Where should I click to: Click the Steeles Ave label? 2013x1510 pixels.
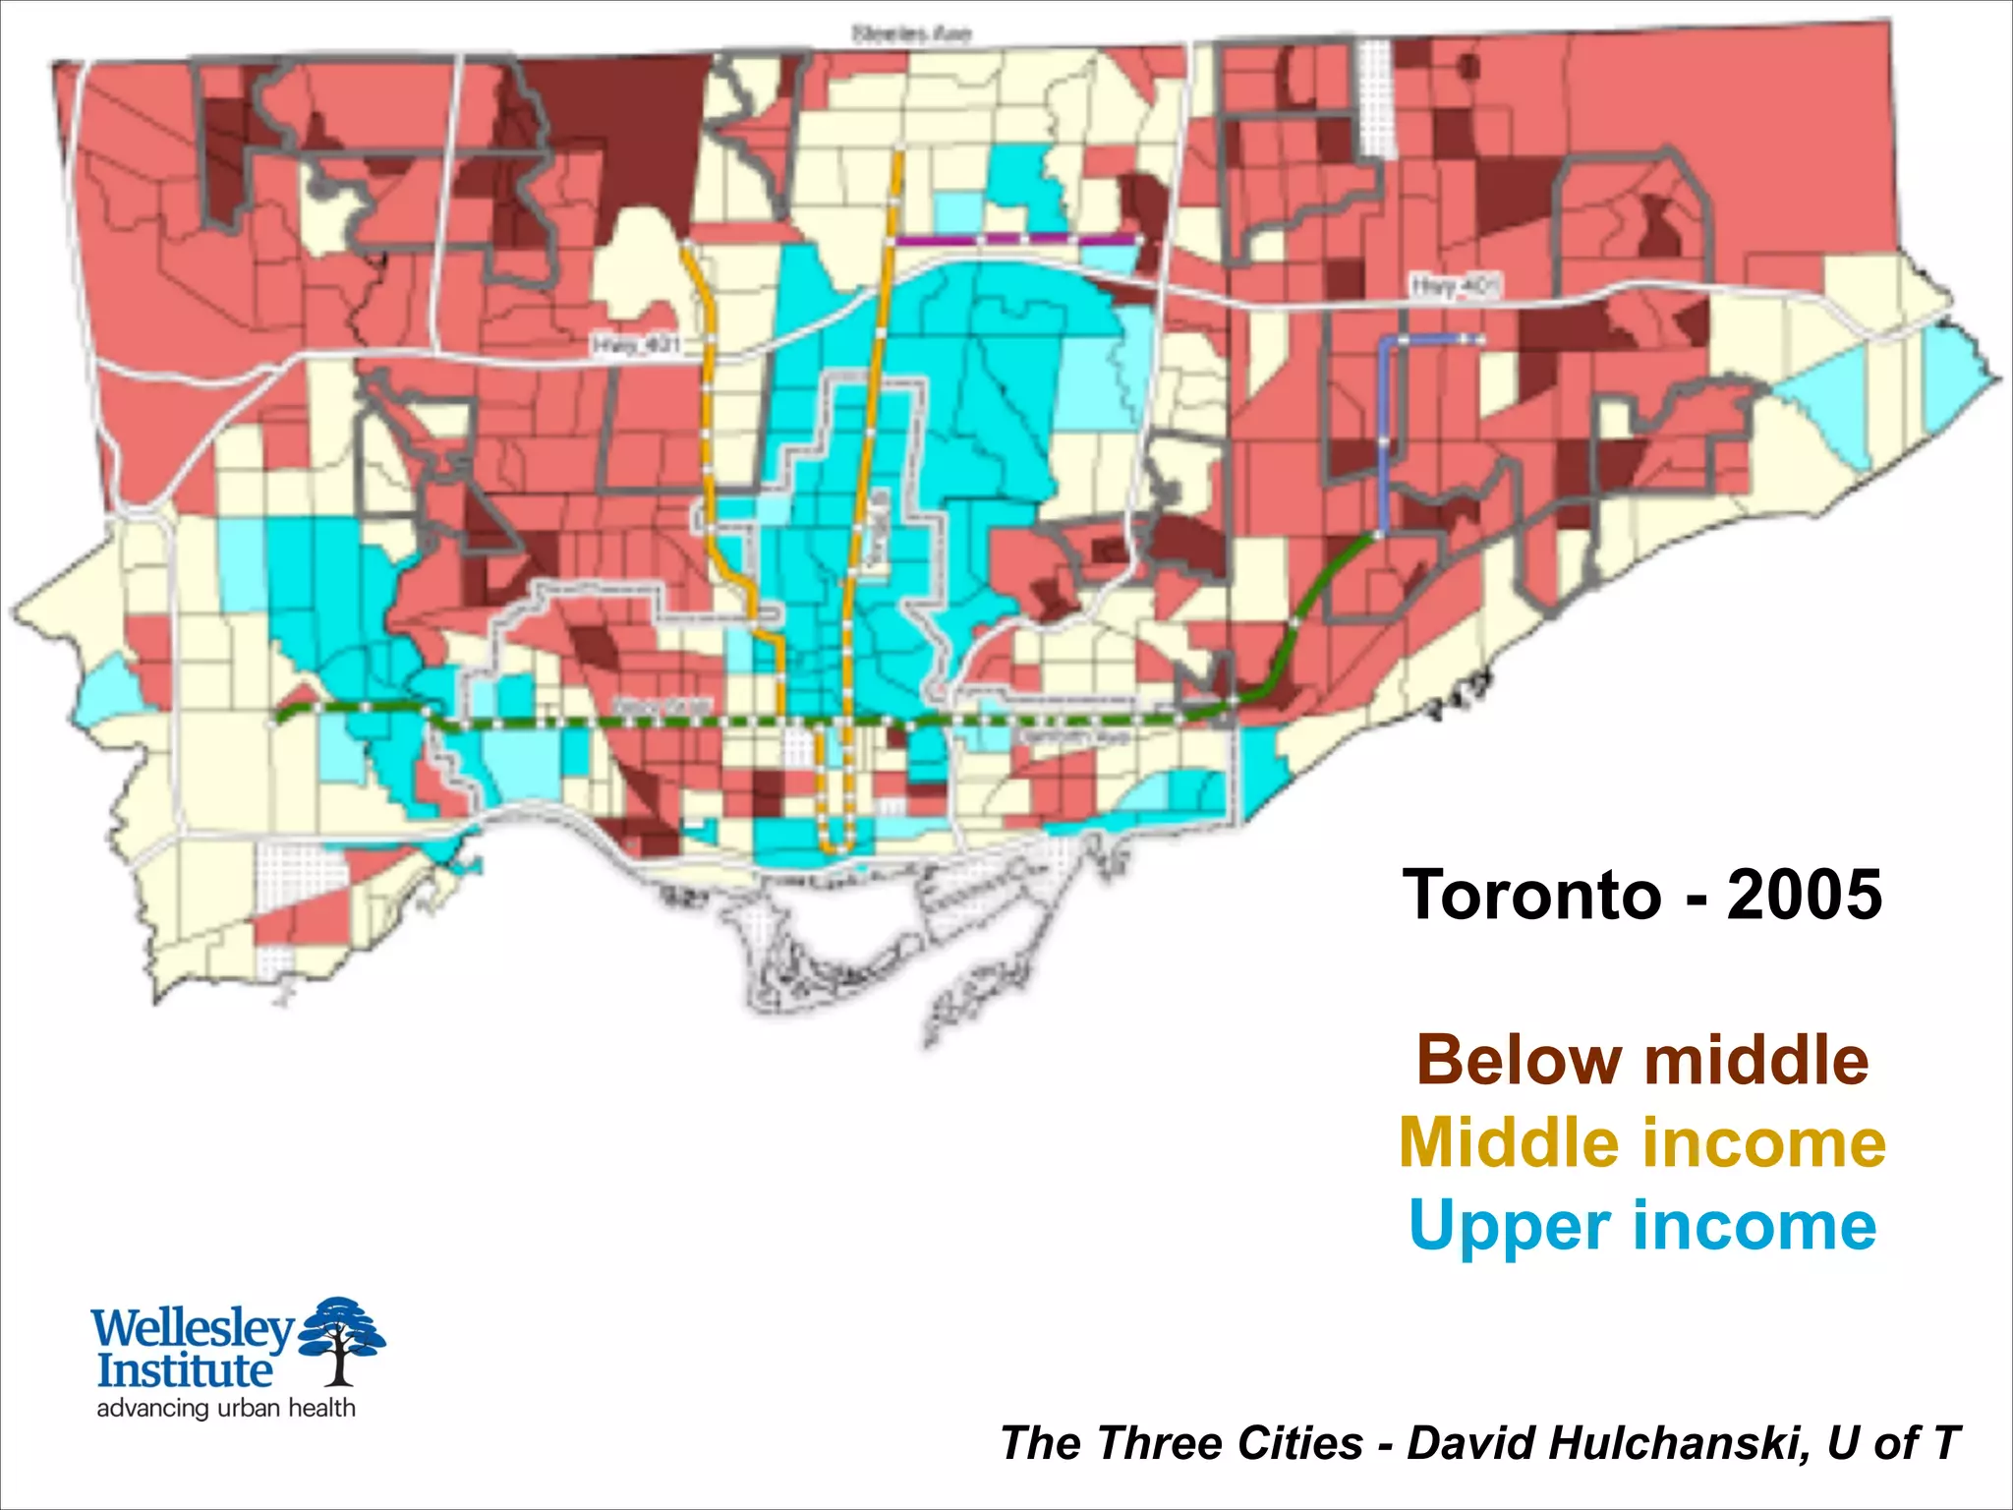coord(911,34)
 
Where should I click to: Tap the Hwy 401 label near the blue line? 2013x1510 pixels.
coord(1456,286)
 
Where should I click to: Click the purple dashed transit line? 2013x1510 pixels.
coord(1017,239)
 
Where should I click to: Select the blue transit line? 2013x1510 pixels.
coord(1384,433)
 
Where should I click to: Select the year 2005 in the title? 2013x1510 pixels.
coord(1805,895)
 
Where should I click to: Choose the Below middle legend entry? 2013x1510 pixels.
coord(1641,1060)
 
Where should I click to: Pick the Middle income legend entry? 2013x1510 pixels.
coord(1641,1142)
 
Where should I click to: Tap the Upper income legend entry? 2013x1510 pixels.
coord(1641,1225)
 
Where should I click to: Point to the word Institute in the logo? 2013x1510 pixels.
coord(184,1369)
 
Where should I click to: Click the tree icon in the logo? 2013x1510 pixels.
coord(341,1337)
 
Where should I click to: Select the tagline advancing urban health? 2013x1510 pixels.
coord(226,1408)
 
